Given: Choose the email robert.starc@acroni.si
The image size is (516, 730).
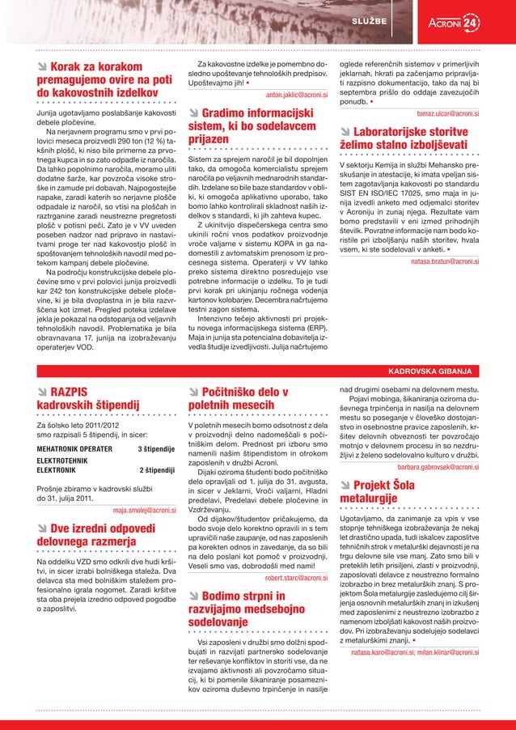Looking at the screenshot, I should [296, 578].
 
